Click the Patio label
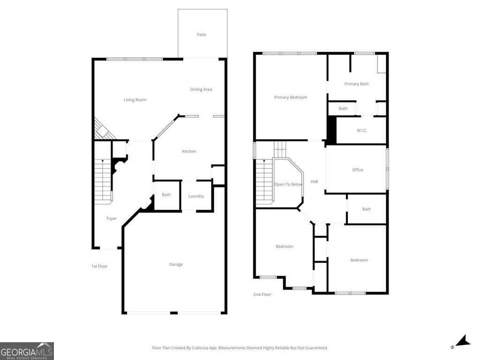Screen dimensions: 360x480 pyautogui.click(x=202, y=35)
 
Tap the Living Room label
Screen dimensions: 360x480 pyautogui.click(x=135, y=100)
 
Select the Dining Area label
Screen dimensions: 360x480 pyautogui.click(x=201, y=90)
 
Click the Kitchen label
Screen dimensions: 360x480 pyautogui.click(x=189, y=151)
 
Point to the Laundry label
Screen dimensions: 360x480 pyautogui.click(x=196, y=196)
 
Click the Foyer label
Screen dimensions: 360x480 pyautogui.click(x=111, y=218)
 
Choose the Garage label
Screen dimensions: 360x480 pyautogui.click(x=176, y=264)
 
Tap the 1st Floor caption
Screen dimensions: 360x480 pyautogui.click(x=99, y=266)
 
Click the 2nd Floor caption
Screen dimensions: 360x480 pyautogui.click(x=262, y=294)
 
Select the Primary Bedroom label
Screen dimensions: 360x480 pyautogui.click(x=291, y=97)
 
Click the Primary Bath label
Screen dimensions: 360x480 pyautogui.click(x=356, y=84)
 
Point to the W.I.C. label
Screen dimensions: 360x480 pyautogui.click(x=362, y=130)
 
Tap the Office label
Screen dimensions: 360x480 pyautogui.click(x=358, y=170)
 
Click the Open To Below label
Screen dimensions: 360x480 pyautogui.click(x=288, y=184)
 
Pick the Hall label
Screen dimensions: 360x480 pyautogui.click(x=315, y=181)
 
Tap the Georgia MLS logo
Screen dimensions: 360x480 pyautogui.click(x=27, y=351)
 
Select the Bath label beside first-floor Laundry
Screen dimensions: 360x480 pyautogui.click(x=166, y=195)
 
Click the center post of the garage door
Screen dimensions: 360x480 pyautogui.click(x=174, y=313)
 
